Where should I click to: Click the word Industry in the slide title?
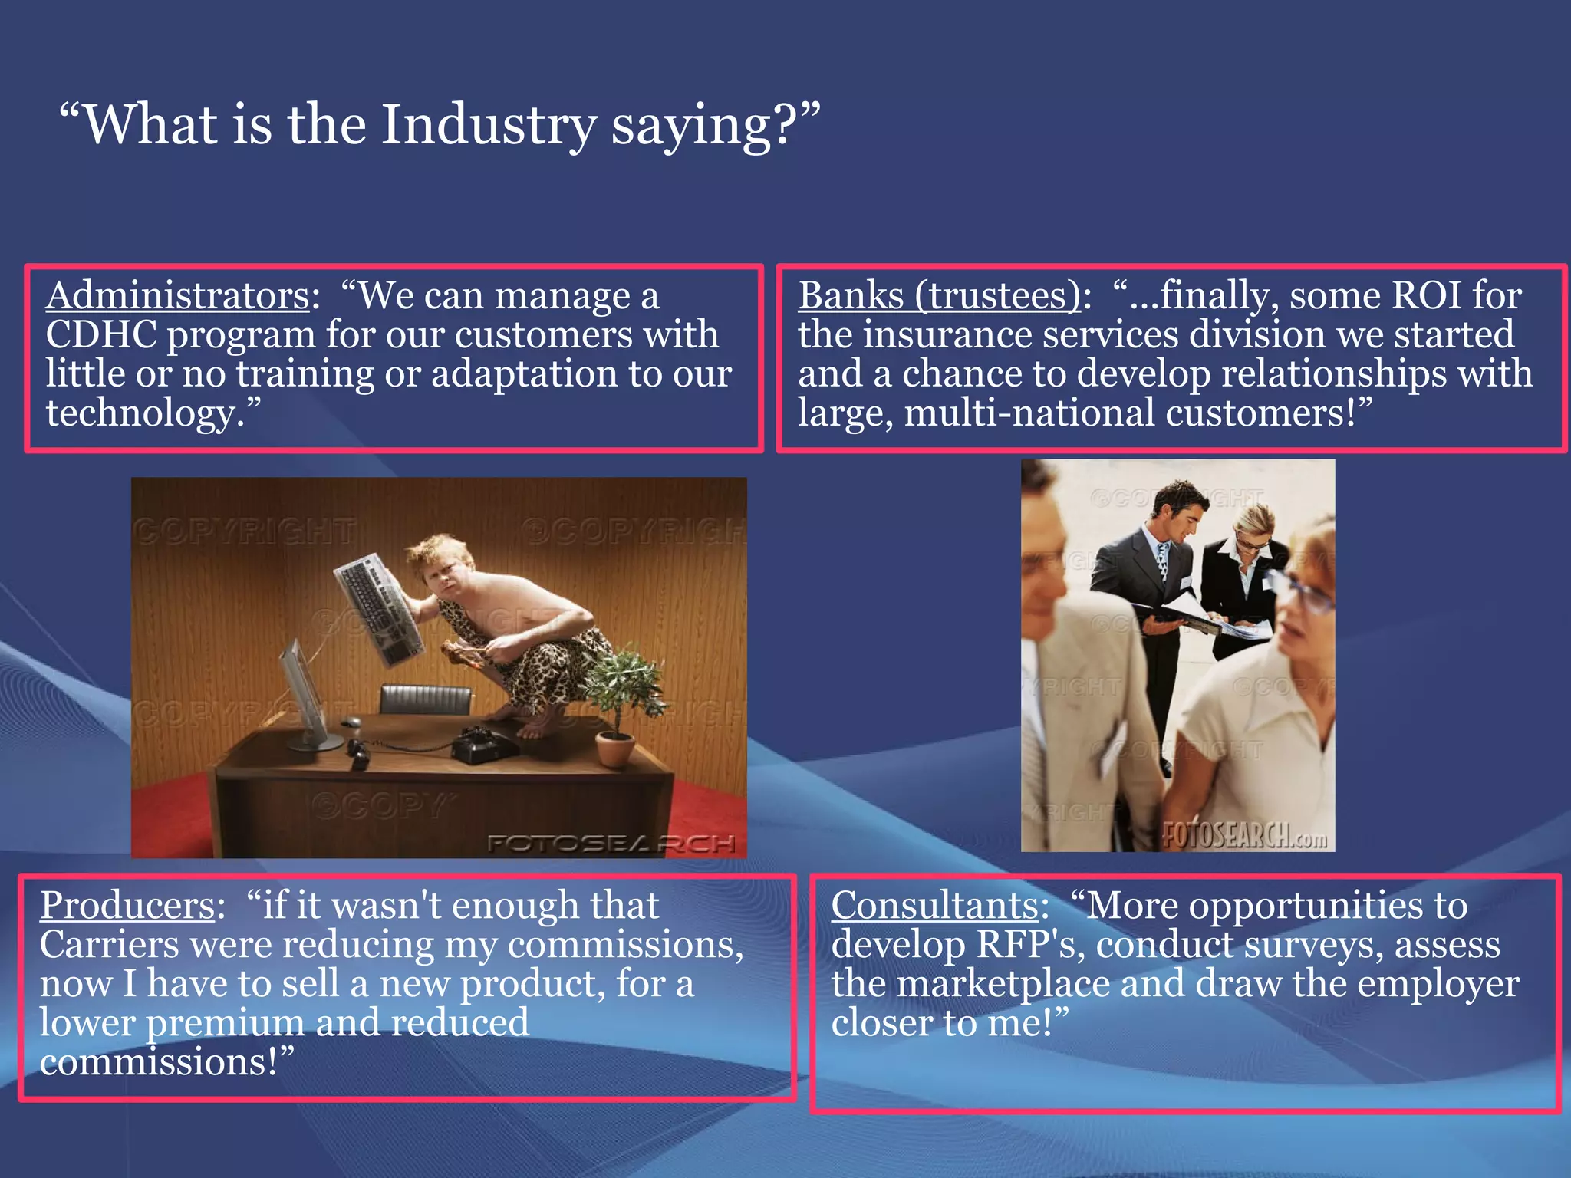(x=489, y=125)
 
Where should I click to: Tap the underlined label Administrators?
(x=177, y=296)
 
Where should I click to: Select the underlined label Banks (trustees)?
(x=939, y=296)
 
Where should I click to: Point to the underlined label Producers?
(x=127, y=906)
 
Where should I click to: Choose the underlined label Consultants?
(x=935, y=906)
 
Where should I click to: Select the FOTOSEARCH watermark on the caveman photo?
(x=611, y=844)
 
